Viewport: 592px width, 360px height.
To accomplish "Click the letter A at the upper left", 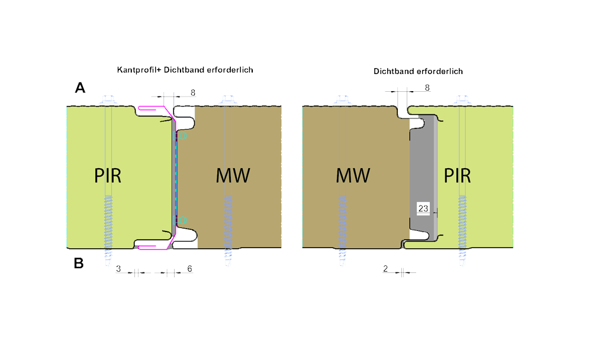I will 80,89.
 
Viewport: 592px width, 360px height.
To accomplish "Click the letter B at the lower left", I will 79,263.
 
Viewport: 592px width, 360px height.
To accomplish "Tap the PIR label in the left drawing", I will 108,176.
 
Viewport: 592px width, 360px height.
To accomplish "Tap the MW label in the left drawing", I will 232,176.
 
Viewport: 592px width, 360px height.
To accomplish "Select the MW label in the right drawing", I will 353,176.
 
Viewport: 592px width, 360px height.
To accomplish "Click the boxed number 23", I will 423,208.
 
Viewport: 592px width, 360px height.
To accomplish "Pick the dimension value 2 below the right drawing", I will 385,269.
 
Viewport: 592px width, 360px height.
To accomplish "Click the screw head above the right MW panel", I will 343,99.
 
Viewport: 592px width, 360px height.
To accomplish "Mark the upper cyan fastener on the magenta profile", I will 180,136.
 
